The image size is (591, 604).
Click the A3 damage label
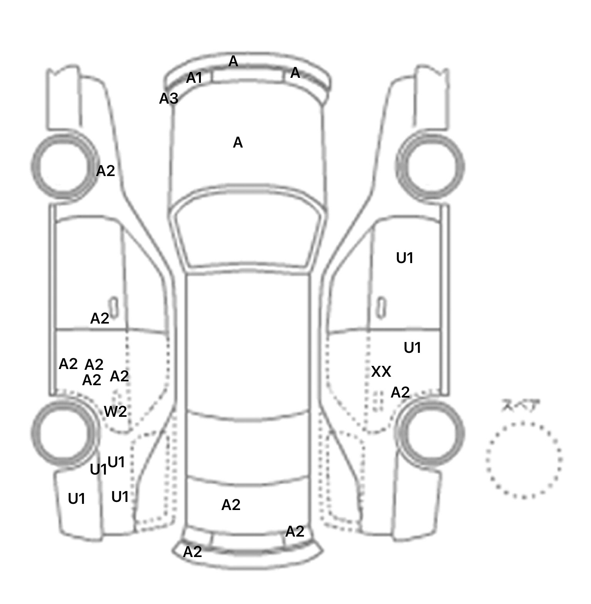(169, 99)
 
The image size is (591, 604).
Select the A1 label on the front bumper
(194, 78)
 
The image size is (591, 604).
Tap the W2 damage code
(115, 412)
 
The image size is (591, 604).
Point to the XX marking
(381, 372)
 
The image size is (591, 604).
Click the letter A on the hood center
(238, 143)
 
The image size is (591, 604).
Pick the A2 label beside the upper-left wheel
(105, 171)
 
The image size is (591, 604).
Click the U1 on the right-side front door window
(405, 258)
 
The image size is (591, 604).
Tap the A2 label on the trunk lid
(231, 505)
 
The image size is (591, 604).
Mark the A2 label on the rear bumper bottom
(192, 552)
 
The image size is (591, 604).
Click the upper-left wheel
(65, 167)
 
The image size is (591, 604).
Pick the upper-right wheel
(431, 167)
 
